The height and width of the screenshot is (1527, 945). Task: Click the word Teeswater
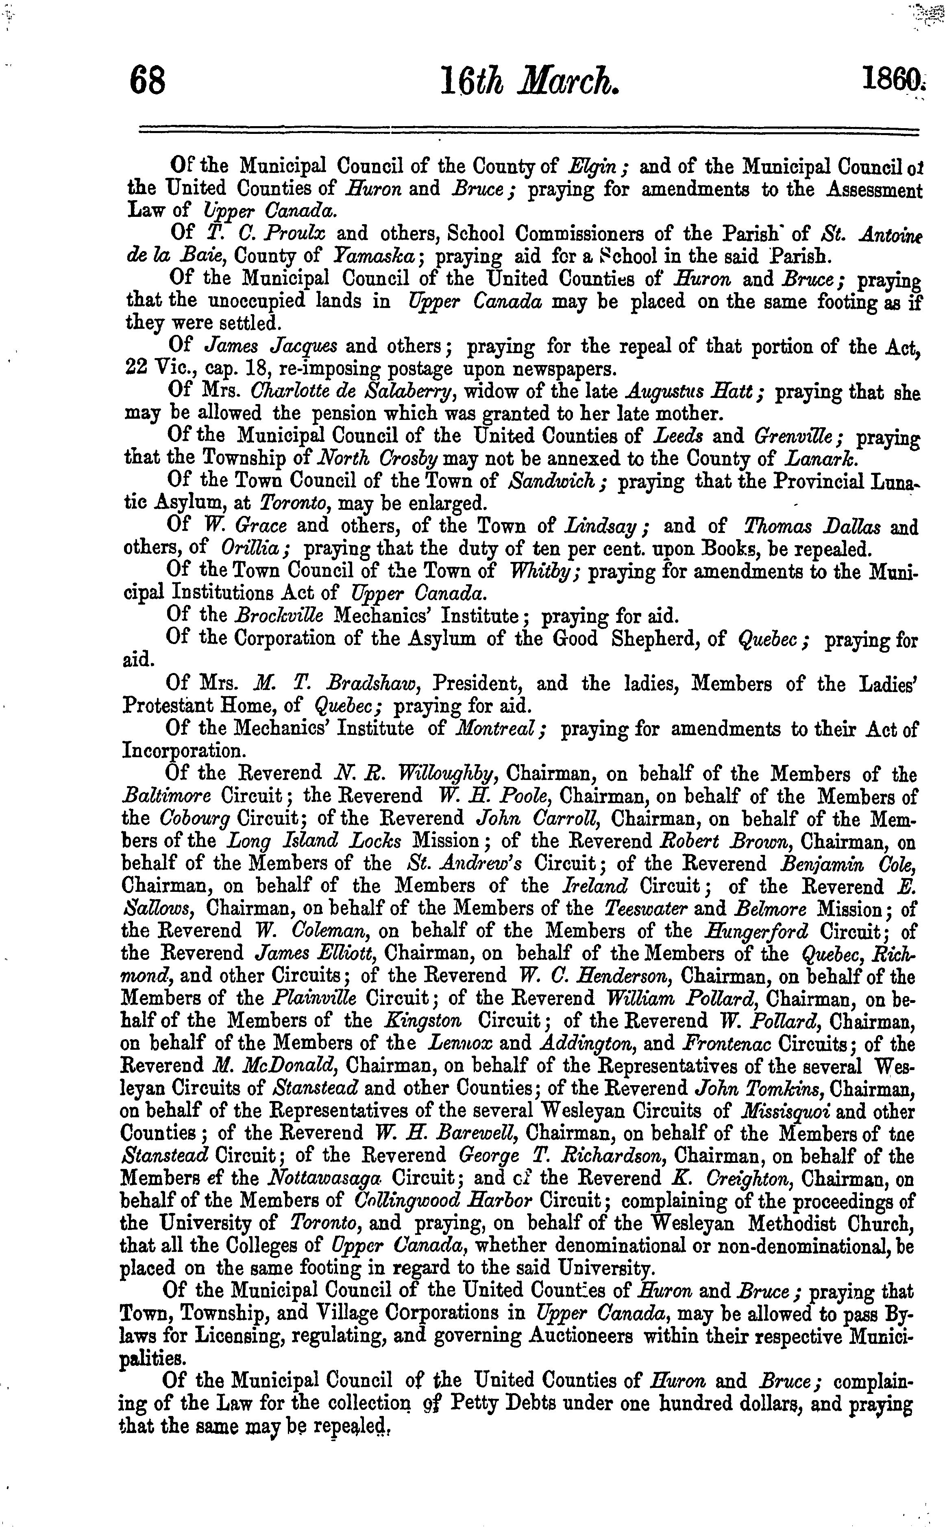point(648,909)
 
